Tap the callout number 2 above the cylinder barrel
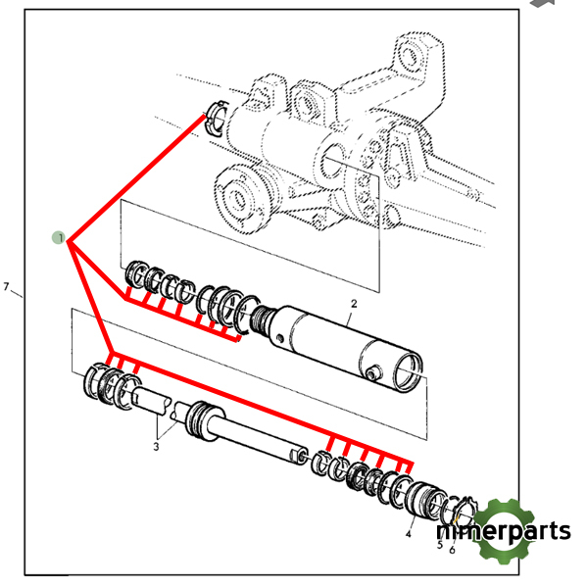[354, 304]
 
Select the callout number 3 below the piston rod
[157, 447]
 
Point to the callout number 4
[409, 533]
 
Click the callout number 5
[440, 545]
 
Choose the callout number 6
[452, 550]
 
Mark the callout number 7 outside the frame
[6, 287]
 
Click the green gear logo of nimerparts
[505, 530]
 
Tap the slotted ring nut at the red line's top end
[217, 118]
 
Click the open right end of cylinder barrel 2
[408, 372]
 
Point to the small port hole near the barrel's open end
[372, 373]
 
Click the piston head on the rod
[201, 420]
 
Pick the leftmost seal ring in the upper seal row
[136, 273]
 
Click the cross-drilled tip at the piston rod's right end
[299, 455]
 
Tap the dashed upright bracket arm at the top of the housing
[417, 60]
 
